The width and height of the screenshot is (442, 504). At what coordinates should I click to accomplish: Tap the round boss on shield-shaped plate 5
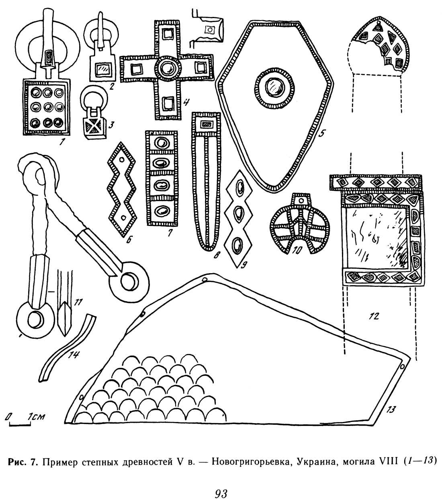coord(274,87)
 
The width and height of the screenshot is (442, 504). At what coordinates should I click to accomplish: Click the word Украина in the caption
coord(313,461)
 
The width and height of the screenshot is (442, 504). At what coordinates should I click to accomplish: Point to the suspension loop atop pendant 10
coord(300,200)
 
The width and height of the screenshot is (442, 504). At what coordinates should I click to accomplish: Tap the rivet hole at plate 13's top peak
coord(204,280)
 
